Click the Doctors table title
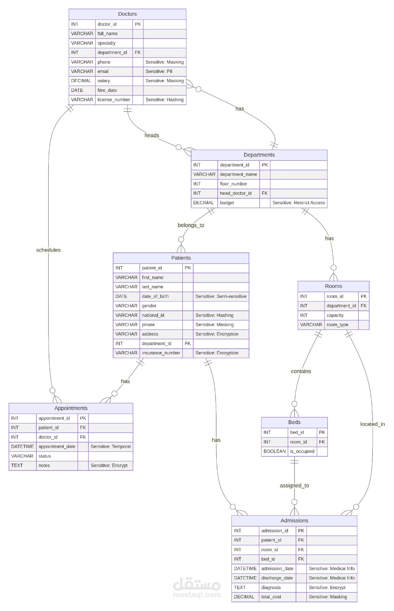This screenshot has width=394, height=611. tap(127, 14)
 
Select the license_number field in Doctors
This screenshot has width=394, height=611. tap(114, 100)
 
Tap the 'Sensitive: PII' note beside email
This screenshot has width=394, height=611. tap(159, 71)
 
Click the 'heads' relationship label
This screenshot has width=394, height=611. tap(152, 135)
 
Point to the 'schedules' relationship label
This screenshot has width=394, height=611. tap(48, 250)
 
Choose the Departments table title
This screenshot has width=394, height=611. tap(259, 155)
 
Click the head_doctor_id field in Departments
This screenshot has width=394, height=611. tap(236, 193)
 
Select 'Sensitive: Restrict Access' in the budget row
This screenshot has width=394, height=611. tap(299, 203)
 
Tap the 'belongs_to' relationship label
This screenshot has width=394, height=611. tap(191, 225)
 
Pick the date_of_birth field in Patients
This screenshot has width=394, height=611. tap(155, 296)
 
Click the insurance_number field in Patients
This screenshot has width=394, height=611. tap(161, 353)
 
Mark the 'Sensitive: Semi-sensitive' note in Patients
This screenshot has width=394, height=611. tap(221, 296)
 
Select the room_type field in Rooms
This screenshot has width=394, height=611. tap(337, 325)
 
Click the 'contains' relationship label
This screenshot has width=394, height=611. tap(301, 371)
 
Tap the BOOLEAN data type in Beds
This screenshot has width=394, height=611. tap(274, 451)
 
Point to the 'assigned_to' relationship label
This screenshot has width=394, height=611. tap(294, 486)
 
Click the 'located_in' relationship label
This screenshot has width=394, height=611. tap(372, 424)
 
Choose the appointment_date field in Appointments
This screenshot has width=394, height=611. tap(57, 446)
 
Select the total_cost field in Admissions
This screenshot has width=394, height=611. tap(271, 597)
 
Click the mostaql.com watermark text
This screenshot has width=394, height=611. tap(197, 595)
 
